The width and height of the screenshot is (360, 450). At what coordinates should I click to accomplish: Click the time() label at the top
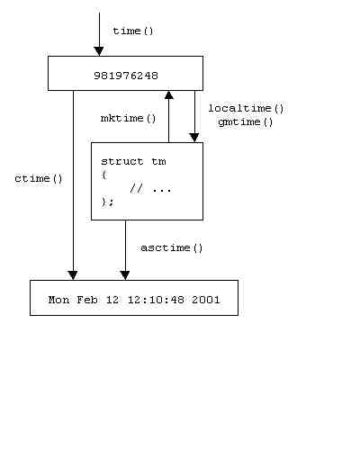(133, 31)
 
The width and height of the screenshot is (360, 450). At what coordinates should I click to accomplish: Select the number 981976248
(126, 76)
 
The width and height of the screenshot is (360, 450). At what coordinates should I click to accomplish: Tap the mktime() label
(129, 118)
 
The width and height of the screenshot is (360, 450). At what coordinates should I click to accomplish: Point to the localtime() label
(246, 108)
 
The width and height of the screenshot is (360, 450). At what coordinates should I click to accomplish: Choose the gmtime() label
(246, 122)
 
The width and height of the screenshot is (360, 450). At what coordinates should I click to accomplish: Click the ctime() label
(39, 179)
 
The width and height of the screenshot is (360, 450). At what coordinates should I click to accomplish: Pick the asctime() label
(172, 247)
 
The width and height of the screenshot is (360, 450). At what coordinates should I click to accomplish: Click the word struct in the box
(122, 162)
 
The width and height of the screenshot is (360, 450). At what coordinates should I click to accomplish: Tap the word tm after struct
(158, 162)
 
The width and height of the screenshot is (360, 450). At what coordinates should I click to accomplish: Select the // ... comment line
(151, 189)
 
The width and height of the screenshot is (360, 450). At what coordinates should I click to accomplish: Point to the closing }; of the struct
(108, 202)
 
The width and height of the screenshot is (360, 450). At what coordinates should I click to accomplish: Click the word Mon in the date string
(58, 300)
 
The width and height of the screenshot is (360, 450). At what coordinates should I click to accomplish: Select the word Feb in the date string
(87, 300)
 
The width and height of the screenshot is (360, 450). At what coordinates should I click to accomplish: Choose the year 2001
(206, 300)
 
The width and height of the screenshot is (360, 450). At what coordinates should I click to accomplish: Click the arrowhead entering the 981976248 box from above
(99, 51)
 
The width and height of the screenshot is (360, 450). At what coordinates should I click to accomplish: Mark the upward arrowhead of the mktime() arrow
(169, 95)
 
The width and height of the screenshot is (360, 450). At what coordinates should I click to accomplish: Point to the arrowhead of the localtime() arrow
(194, 138)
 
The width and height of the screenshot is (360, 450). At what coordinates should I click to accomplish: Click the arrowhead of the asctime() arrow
(125, 275)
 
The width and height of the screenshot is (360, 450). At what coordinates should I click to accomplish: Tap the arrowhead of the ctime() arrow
(73, 275)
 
